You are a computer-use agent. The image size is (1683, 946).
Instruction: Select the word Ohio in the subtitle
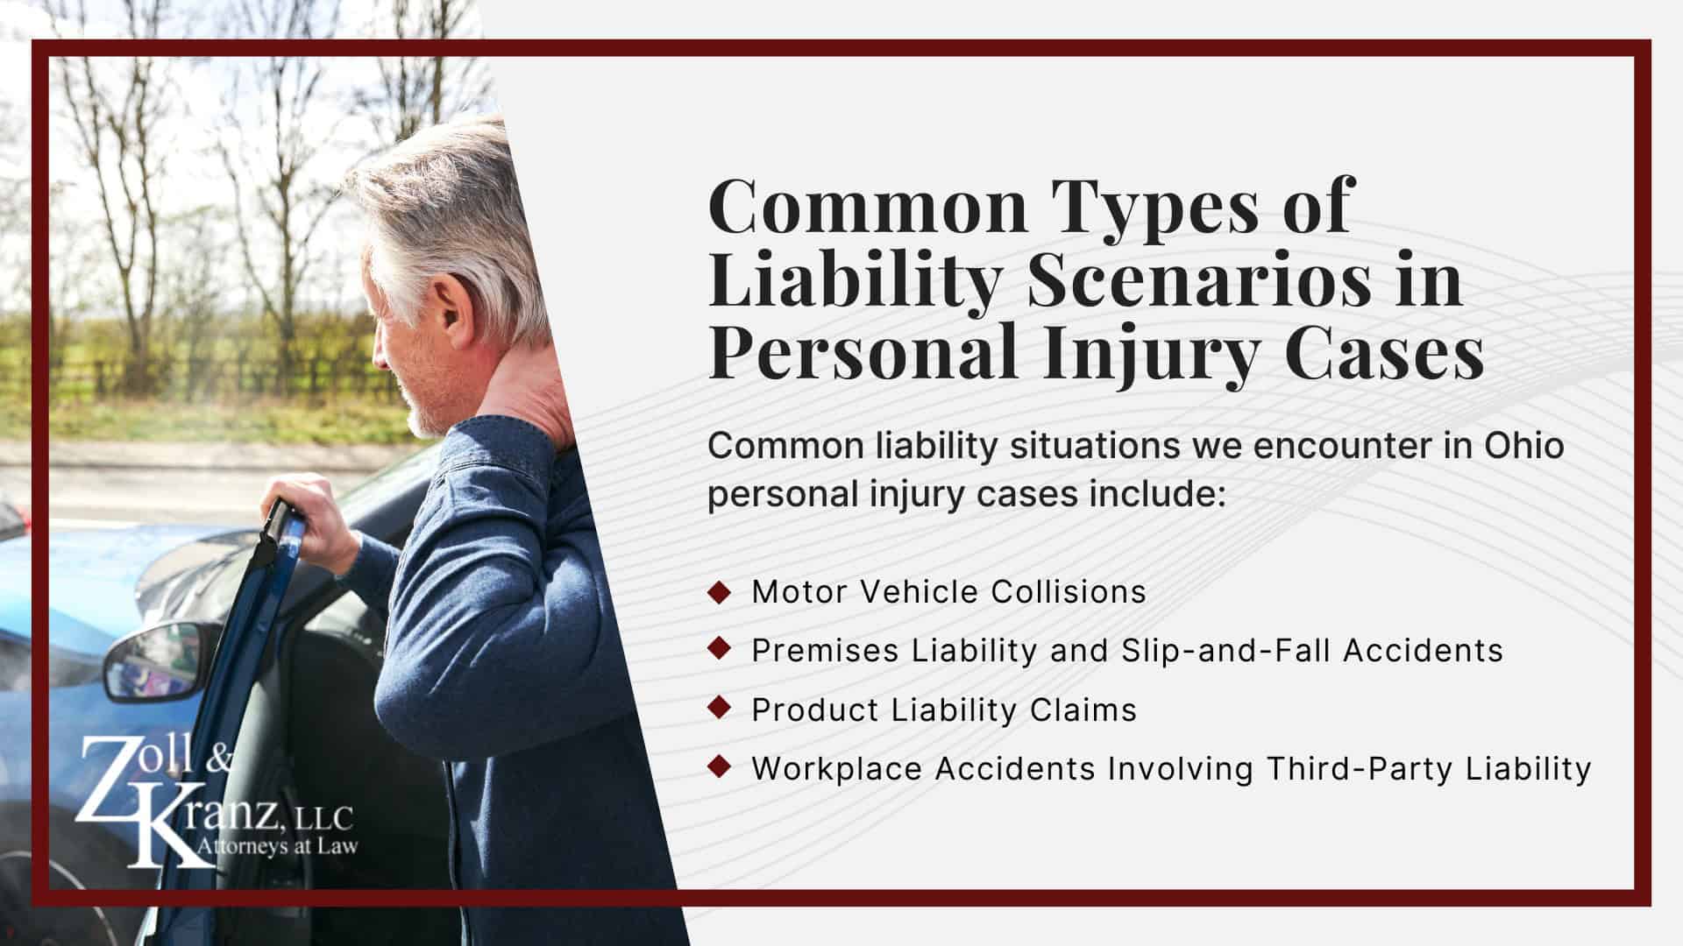pos(1524,446)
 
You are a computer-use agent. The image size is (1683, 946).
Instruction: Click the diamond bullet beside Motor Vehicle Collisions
pos(719,591)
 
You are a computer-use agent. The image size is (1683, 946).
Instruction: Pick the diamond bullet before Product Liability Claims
pos(719,709)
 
